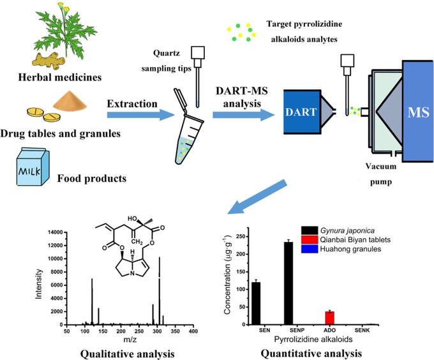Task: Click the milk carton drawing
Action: tap(33, 167)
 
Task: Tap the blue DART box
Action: tap(302, 112)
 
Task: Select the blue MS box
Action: tap(418, 111)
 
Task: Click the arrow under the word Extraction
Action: tap(140, 114)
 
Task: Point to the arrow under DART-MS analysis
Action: tap(244, 115)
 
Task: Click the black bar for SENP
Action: tap(288, 283)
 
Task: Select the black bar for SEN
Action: tap(256, 303)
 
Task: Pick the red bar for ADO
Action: tap(330, 318)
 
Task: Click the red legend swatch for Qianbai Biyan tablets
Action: tap(310, 239)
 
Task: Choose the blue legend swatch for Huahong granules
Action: tap(310, 249)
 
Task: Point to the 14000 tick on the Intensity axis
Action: tap(56, 232)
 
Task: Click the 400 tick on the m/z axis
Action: tap(193, 331)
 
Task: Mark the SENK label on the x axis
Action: tap(362, 330)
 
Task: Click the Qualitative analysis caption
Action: tap(127, 354)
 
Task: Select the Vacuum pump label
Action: tap(381, 174)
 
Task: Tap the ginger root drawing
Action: tap(49, 61)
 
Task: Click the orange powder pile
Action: tap(70, 100)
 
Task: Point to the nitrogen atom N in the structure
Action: tap(133, 274)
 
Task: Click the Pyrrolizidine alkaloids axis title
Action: tap(313, 339)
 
